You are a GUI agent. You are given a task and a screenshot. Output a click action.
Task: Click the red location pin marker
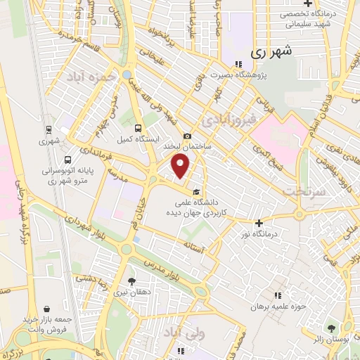181,167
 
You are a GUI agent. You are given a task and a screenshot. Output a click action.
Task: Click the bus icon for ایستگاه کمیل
138,128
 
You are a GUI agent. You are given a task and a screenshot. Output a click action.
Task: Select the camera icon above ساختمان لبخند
187,136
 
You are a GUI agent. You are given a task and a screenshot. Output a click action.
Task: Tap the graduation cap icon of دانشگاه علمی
197,192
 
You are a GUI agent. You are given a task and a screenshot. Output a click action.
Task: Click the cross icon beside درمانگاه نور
259,222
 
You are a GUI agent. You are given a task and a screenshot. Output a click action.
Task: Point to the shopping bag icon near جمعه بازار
46,308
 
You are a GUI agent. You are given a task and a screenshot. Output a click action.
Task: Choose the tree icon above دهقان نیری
131,281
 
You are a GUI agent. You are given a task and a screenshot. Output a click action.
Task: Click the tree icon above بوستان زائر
330,328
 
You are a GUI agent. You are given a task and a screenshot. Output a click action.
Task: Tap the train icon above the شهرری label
49,129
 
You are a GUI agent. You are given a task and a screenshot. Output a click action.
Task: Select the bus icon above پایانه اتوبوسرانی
67,159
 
